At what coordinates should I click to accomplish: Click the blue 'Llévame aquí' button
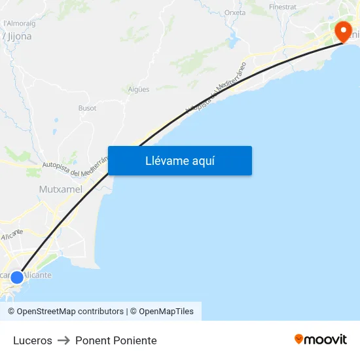click(179, 161)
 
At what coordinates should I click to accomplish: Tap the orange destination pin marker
click(343, 31)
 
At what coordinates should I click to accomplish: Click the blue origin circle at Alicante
click(17, 278)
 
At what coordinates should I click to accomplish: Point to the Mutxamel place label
click(60, 189)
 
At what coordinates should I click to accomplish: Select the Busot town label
click(87, 108)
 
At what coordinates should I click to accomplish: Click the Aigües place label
click(139, 89)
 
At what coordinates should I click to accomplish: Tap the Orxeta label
click(235, 12)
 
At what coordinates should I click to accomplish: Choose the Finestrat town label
click(282, 7)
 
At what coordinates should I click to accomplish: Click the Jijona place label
click(18, 37)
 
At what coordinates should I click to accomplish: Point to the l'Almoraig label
click(19, 23)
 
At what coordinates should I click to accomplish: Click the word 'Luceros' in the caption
click(33, 340)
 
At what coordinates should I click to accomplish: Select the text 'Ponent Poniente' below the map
click(116, 340)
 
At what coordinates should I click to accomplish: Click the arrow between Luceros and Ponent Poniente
click(63, 340)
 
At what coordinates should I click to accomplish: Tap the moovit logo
click(320, 339)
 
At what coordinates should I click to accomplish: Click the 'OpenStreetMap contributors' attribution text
click(70, 312)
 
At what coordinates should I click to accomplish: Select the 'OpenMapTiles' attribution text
click(166, 312)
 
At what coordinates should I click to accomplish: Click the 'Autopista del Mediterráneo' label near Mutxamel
click(72, 169)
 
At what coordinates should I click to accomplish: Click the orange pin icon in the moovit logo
click(298, 339)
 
